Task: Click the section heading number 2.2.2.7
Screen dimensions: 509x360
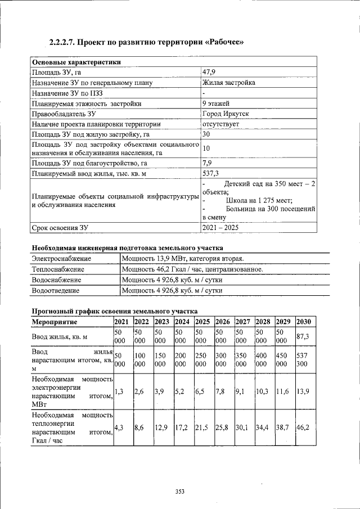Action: (x=61, y=43)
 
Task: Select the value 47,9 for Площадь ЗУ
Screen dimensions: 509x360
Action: (x=209, y=73)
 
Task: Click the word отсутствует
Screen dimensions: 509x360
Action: (x=221, y=124)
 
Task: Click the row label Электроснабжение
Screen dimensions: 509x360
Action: (x=61, y=258)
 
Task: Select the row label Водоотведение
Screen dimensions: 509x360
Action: (x=56, y=291)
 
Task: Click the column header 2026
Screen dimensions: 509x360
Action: (x=223, y=322)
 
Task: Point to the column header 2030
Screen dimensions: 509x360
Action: (x=304, y=322)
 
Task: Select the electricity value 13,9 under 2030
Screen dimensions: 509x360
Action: (x=304, y=390)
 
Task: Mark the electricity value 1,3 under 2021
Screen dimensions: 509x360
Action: (x=119, y=390)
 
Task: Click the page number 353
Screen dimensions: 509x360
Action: (x=179, y=492)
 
